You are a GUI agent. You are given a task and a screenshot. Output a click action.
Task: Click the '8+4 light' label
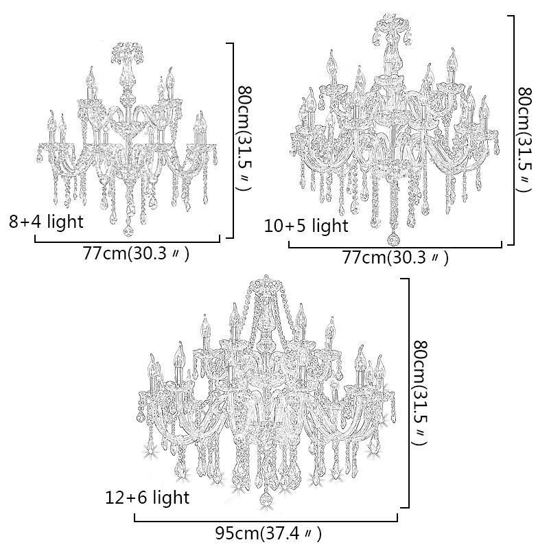[x=46, y=222]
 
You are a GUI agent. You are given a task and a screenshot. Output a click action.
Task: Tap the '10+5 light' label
[x=306, y=226]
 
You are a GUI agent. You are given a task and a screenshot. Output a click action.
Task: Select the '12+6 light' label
[x=148, y=497]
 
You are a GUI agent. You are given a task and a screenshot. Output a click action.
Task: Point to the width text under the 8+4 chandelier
[x=136, y=254]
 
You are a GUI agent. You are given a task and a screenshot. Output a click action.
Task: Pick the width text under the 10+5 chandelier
[x=395, y=258]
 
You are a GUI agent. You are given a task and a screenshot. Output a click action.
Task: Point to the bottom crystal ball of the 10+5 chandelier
[x=394, y=239]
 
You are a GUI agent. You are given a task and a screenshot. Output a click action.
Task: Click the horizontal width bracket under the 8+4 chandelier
[x=127, y=241]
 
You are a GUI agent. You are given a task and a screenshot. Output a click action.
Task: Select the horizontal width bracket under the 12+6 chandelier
[x=266, y=521]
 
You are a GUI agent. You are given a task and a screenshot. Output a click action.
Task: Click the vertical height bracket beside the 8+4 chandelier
[x=234, y=141]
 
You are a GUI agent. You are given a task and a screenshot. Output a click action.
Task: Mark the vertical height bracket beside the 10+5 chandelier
[x=513, y=130]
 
